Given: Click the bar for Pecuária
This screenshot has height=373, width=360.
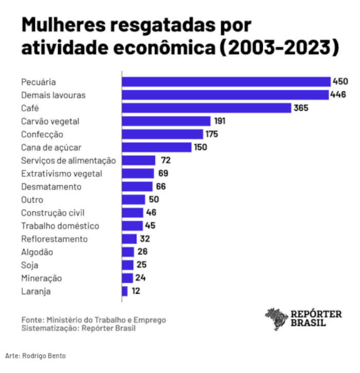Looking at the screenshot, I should pos(226,82).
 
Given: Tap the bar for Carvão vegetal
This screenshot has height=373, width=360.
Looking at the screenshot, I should pos(166,121).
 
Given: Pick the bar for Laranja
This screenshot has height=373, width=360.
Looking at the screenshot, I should pos(125,291).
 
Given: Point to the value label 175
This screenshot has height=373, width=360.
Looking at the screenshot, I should pos(211,134).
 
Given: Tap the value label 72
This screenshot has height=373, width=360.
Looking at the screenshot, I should pos(166,161).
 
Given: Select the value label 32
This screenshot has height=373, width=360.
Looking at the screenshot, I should pos(146,239).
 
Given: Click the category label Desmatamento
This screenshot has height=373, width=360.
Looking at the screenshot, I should pos(51,187).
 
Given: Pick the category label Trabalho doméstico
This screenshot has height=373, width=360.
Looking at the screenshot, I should pos(60,226).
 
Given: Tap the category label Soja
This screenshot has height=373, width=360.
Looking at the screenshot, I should pos(30,265).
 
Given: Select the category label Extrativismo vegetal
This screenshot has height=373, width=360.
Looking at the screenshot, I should pos(62,173).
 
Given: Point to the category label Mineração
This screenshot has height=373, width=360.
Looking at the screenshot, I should pos(42,278).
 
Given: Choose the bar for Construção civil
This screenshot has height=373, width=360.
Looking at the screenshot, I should pos(132,212).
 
